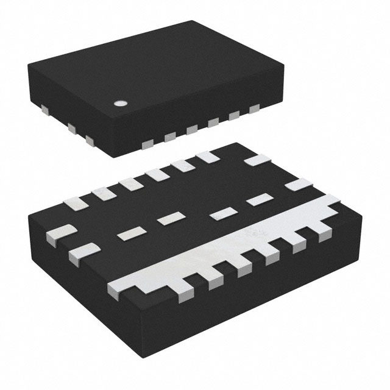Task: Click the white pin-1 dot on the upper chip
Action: [x=121, y=103]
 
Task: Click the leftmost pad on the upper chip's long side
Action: [x=147, y=143]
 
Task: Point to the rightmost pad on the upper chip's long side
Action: [x=253, y=110]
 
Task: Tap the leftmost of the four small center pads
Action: [x=129, y=232]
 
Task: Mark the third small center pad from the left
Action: [x=223, y=213]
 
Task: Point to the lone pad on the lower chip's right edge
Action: [x=299, y=185]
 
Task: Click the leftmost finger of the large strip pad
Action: [x=121, y=284]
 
